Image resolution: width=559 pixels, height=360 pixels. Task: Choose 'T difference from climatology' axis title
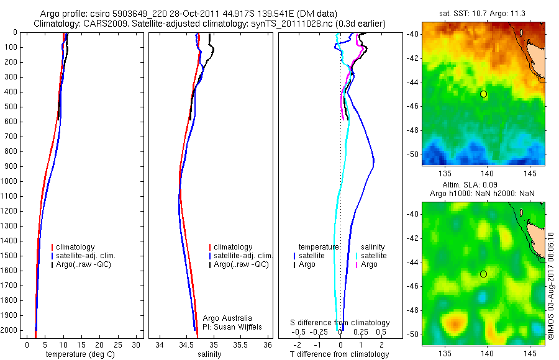[x=339, y=354]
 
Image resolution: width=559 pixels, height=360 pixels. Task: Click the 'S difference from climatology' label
[x=340, y=323]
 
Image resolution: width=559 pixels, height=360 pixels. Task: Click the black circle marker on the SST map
[x=484, y=94]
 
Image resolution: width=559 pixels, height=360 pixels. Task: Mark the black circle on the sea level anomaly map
[x=484, y=274]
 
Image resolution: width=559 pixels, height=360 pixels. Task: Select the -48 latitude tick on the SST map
[x=413, y=131]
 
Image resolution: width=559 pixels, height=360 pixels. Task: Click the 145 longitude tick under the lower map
[x=529, y=353]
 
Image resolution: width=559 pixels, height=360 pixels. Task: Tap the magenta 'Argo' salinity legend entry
[x=369, y=264]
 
